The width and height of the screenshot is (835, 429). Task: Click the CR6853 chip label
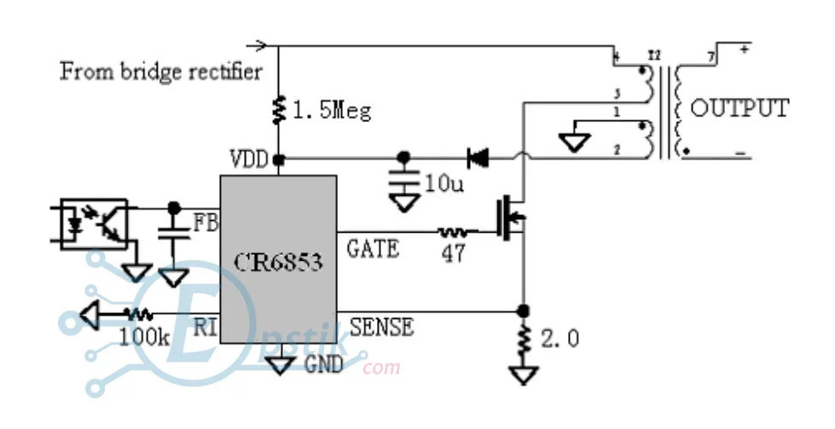[x=278, y=261]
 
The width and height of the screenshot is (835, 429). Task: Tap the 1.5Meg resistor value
[x=332, y=111]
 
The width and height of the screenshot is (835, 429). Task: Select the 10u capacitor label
[x=444, y=183]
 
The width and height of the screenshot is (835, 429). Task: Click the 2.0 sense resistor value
[x=560, y=339]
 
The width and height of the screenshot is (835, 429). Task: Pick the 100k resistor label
[x=145, y=336]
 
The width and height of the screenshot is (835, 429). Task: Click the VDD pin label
[x=248, y=159]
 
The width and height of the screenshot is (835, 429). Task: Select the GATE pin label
[x=373, y=249]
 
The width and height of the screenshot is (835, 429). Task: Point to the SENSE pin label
[x=381, y=326]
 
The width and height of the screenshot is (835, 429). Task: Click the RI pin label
[x=206, y=325]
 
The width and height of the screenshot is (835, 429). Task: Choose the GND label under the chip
[x=323, y=365]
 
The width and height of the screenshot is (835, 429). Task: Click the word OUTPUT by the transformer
[x=739, y=108]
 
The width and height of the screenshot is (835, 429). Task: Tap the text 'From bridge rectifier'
[x=161, y=71]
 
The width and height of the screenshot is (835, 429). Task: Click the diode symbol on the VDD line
[x=478, y=157]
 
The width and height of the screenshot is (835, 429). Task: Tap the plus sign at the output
[x=745, y=49]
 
